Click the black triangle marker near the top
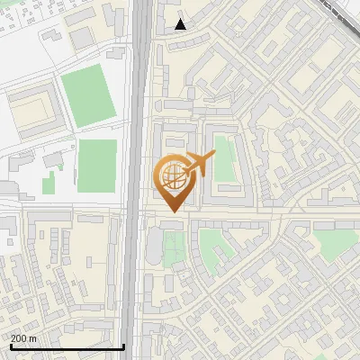point(181,24)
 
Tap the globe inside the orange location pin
point(171,176)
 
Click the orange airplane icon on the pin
point(199,164)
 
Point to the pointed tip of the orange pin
point(171,211)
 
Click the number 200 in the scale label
point(20,338)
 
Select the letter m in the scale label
point(33,338)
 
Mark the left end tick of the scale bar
point(10,346)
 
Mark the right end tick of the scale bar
point(123,346)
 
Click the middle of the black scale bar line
point(67,346)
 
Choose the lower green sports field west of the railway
point(96,166)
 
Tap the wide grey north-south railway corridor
point(140,135)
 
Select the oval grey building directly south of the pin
point(153,247)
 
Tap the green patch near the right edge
point(329,240)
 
